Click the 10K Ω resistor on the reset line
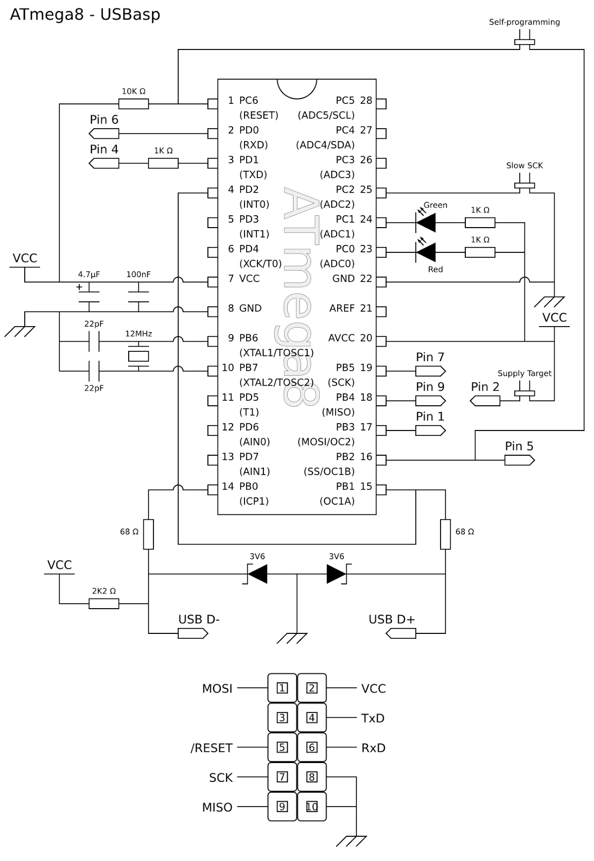click(133, 104)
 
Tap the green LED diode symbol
click(425, 223)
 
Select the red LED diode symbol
click(425, 252)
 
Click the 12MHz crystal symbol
click(138, 356)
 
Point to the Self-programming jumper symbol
click(525, 42)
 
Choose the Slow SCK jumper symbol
click(525, 185)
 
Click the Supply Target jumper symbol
click(525, 393)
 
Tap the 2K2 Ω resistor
click(104, 603)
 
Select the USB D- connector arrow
click(193, 633)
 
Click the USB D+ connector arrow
click(401, 633)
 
